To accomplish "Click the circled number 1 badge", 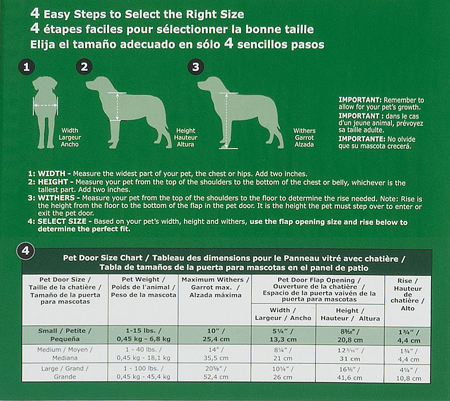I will click(x=27, y=67).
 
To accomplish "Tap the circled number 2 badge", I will click(x=84, y=67).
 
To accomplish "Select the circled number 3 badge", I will click(x=195, y=67).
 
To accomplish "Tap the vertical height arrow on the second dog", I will click(x=117, y=106).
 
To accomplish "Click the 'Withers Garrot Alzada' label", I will click(x=304, y=137).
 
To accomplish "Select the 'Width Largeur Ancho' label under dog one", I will click(x=70, y=137).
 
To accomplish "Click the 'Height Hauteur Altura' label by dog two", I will click(x=185, y=137).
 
